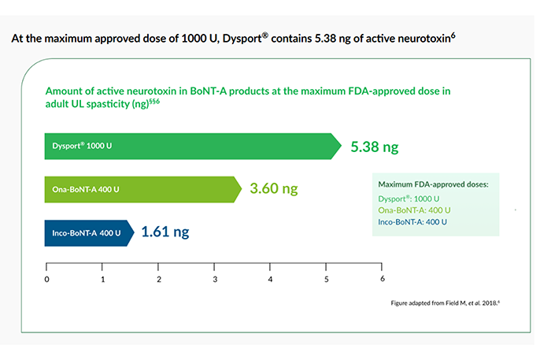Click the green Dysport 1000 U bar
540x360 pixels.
tap(189, 147)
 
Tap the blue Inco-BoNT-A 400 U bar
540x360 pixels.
tap(87, 232)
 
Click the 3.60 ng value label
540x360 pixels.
tap(274, 189)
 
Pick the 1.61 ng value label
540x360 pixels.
tap(165, 232)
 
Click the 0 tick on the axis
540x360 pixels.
tap(47, 279)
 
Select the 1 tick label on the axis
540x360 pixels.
tap(103, 279)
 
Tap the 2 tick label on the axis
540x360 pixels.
tap(159, 279)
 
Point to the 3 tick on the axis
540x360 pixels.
tap(215, 279)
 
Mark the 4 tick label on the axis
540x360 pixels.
tap(271, 279)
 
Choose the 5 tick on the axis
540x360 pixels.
tap(327, 279)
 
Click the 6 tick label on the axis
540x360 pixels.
tap(383, 279)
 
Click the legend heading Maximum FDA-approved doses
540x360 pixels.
tap(434, 184)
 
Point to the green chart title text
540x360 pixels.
tap(248, 98)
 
